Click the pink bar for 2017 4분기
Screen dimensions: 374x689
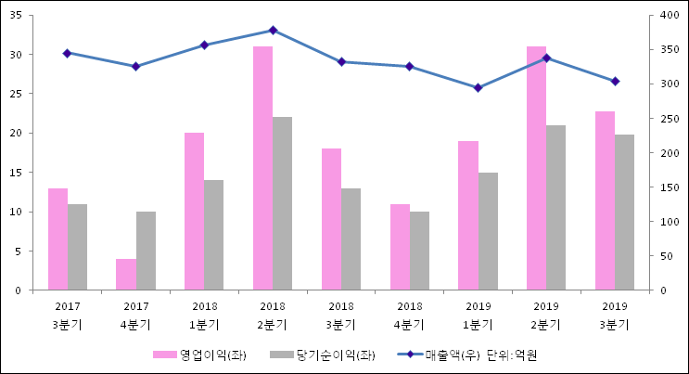(x=125, y=275)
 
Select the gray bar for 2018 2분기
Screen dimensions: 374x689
(x=282, y=203)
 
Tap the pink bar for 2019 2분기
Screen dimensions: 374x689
(x=536, y=168)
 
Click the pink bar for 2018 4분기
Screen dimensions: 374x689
(x=400, y=247)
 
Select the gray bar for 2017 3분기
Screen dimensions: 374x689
(x=77, y=247)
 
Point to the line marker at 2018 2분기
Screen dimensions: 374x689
(x=273, y=31)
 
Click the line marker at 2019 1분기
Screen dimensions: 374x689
(x=478, y=88)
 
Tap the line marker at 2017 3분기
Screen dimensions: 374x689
(x=67, y=54)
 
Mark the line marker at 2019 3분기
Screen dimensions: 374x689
(x=615, y=82)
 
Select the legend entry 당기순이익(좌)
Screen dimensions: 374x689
(x=325, y=355)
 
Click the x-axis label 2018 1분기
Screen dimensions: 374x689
(x=204, y=316)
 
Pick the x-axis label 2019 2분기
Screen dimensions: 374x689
(x=546, y=316)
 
